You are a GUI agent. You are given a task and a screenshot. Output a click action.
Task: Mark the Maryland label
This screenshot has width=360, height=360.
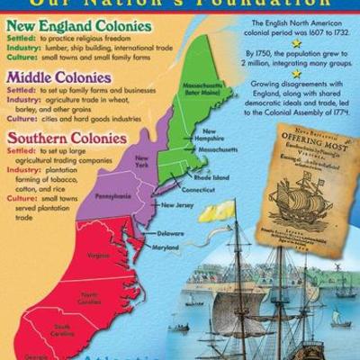[x=165, y=246]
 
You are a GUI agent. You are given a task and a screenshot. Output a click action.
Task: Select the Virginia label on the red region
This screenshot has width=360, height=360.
[x=99, y=255]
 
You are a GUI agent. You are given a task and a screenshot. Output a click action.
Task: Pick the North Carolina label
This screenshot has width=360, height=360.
[x=89, y=298]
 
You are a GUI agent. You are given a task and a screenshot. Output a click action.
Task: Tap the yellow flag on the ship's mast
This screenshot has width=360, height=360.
[x=217, y=213]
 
